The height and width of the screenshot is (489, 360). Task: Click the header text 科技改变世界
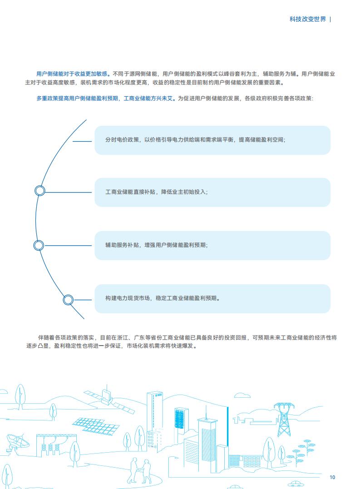pyautogui.click(x=307, y=20)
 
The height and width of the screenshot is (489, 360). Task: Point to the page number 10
pyautogui.click(x=332, y=477)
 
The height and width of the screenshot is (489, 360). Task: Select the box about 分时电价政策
pyautogui.click(x=212, y=140)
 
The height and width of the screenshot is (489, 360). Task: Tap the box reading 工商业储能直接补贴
pyautogui.click(x=212, y=192)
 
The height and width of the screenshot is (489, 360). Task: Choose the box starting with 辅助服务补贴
pyautogui.click(x=212, y=246)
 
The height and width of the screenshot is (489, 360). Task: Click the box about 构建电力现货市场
pyautogui.click(x=212, y=298)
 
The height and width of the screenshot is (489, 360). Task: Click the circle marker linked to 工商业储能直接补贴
pyautogui.click(x=39, y=191)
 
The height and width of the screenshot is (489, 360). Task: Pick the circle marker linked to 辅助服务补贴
pyautogui.click(x=38, y=246)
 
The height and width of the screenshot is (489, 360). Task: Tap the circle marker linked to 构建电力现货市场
pyautogui.click(x=68, y=300)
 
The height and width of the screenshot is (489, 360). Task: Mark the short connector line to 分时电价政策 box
pyautogui.click(x=82, y=141)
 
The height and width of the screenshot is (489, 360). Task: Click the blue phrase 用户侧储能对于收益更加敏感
pyautogui.click(x=72, y=74)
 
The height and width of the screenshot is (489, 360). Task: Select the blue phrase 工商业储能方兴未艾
pyautogui.click(x=148, y=99)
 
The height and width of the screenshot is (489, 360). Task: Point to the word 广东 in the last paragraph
pyautogui.click(x=139, y=337)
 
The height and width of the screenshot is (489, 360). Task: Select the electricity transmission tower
pyautogui.click(x=284, y=419)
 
